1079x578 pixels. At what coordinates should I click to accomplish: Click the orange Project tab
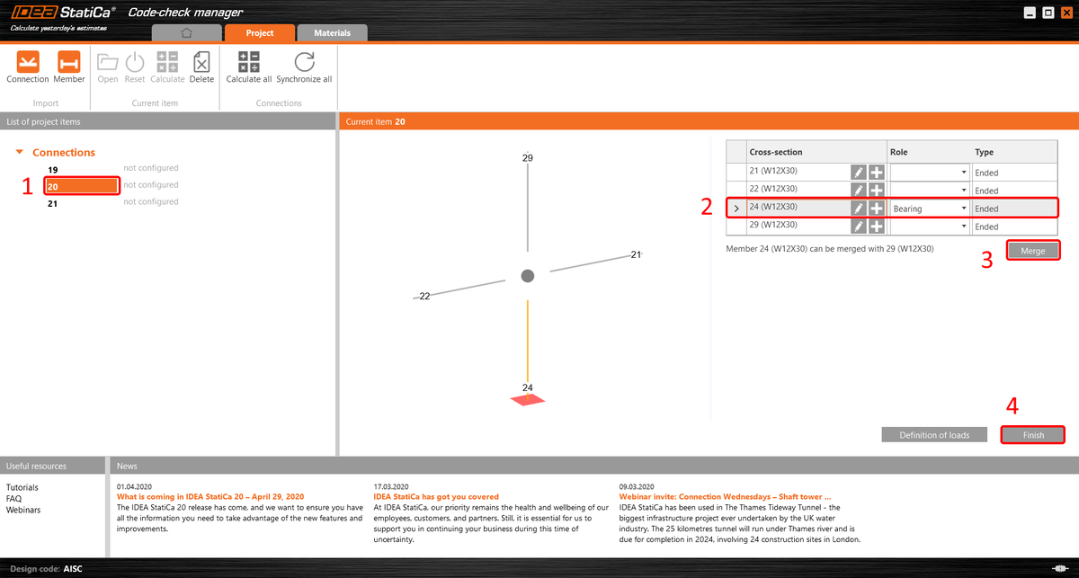tap(260, 33)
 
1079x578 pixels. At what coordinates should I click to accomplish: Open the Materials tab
tap(332, 33)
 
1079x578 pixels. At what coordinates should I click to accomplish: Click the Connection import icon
tap(28, 62)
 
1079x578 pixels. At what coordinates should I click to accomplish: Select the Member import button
tap(69, 62)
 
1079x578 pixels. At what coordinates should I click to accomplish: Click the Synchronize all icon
tap(304, 62)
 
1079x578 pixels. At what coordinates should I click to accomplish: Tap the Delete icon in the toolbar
tap(201, 62)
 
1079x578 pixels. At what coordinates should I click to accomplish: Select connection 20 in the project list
tap(81, 186)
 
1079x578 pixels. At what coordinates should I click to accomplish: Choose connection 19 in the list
tap(53, 169)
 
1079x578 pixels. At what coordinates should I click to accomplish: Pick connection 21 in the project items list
tap(53, 203)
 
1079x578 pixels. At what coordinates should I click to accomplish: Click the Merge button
tap(1033, 251)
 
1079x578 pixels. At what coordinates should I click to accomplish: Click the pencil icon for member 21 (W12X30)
tap(859, 172)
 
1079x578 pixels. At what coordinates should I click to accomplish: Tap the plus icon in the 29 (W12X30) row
tap(877, 225)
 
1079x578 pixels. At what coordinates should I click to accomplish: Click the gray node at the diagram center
tap(528, 276)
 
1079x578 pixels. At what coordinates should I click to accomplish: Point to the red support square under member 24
tap(528, 400)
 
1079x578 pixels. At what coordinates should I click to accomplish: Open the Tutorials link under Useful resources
tap(22, 488)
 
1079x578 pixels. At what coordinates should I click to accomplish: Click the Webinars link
tap(22, 511)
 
